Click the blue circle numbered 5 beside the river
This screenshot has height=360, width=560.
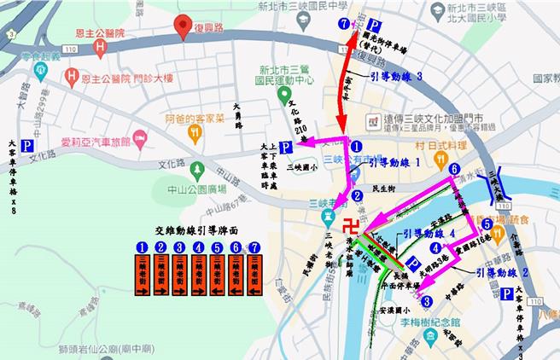(x=486, y=224)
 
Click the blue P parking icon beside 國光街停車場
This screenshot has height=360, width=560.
(x=373, y=24)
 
